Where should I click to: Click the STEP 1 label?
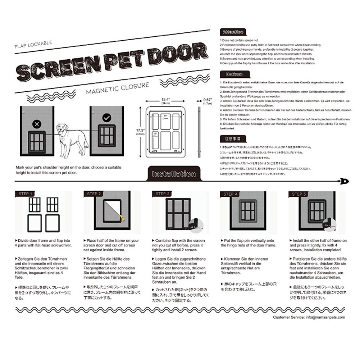point(25,193)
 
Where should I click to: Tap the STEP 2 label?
point(94,193)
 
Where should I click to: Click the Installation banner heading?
point(174,174)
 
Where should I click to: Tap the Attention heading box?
point(233,32)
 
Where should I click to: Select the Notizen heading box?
point(233,74)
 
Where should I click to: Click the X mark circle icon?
point(36,124)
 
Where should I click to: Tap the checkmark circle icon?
point(106,118)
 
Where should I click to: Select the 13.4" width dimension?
point(165,100)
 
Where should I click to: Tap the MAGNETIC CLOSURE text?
point(117,88)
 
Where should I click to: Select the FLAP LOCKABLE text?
point(33,45)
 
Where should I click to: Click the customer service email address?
point(325,317)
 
